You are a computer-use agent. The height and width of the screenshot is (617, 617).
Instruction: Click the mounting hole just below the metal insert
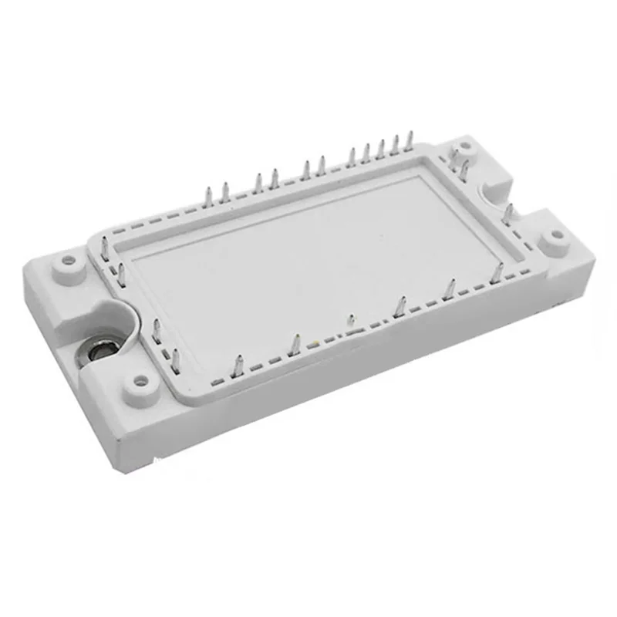point(140,380)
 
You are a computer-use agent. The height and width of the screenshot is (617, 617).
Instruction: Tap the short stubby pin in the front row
point(350,320)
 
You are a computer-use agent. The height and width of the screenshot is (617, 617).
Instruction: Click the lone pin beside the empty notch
point(508,212)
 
